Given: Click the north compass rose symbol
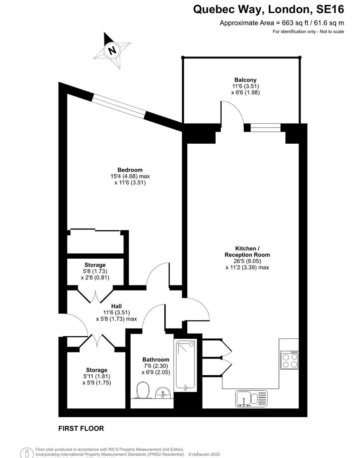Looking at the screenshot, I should click(112, 50).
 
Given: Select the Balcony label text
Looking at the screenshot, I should click(245, 79).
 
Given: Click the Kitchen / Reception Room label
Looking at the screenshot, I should click(247, 251).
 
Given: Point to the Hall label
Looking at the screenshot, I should click(117, 305).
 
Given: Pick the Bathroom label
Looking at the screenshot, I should click(156, 359).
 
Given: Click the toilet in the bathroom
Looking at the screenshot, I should click(142, 390).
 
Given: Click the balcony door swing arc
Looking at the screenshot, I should click(233, 112).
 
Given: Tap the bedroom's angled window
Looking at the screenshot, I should click(119, 106).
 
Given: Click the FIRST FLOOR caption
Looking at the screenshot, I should click(81, 429).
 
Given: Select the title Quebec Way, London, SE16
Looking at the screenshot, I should click(269, 9).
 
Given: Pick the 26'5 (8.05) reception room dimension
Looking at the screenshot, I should click(247, 261).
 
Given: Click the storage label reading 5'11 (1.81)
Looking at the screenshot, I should click(96, 377).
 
